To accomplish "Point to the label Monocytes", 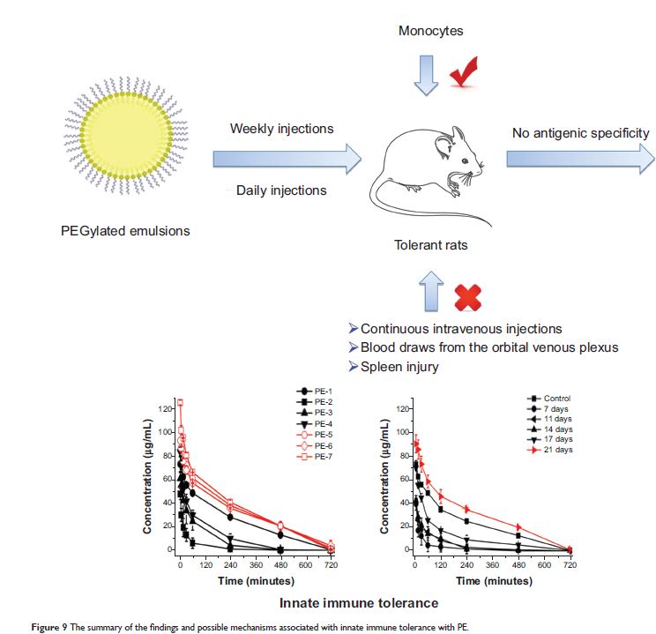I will tap(430, 32).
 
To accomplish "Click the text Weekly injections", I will tap(281, 129).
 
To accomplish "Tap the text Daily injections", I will tap(281, 190).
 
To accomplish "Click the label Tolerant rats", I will tap(429, 245).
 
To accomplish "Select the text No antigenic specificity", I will tap(580, 133).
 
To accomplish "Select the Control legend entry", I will tap(551, 399).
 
